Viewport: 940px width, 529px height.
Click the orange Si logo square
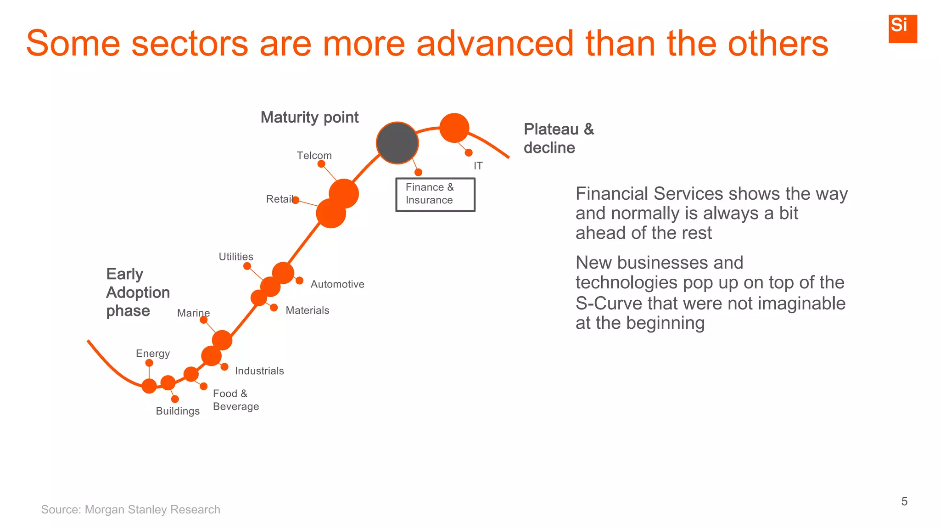[x=902, y=28]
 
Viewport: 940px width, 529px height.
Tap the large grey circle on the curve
[x=397, y=143]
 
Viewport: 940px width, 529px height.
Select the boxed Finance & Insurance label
[x=435, y=194]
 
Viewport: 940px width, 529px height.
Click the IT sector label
[x=478, y=166]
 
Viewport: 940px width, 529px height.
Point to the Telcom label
[x=314, y=156]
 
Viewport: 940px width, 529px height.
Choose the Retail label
[x=280, y=199]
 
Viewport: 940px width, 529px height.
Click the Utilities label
[x=235, y=257]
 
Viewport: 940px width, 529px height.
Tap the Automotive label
[x=337, y=284]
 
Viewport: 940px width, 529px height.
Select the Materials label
[x=307, y=310]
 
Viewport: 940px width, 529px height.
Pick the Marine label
[x=193, y=313]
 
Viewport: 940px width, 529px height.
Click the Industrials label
[x=259, y=371]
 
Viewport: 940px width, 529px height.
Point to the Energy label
[x=153, y=354]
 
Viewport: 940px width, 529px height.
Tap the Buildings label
[x=178, y=411]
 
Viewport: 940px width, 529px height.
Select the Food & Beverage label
[x=235, y=400]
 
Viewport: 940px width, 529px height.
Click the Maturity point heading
[x=309, y=118]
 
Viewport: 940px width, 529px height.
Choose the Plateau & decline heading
[x=558, y=138]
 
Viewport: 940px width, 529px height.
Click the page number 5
[x=904, y=501]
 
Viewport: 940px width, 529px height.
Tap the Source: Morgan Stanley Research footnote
[x=130, y=510]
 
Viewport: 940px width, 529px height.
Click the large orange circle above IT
[x=454, y=128]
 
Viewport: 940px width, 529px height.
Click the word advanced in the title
[x=494, y=44]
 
